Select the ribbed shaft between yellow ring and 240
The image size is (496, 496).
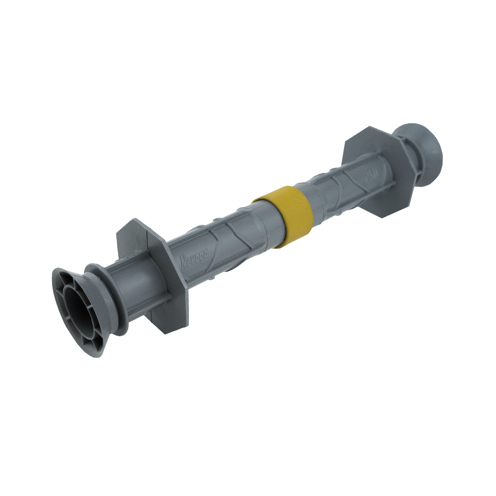[333, 189]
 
